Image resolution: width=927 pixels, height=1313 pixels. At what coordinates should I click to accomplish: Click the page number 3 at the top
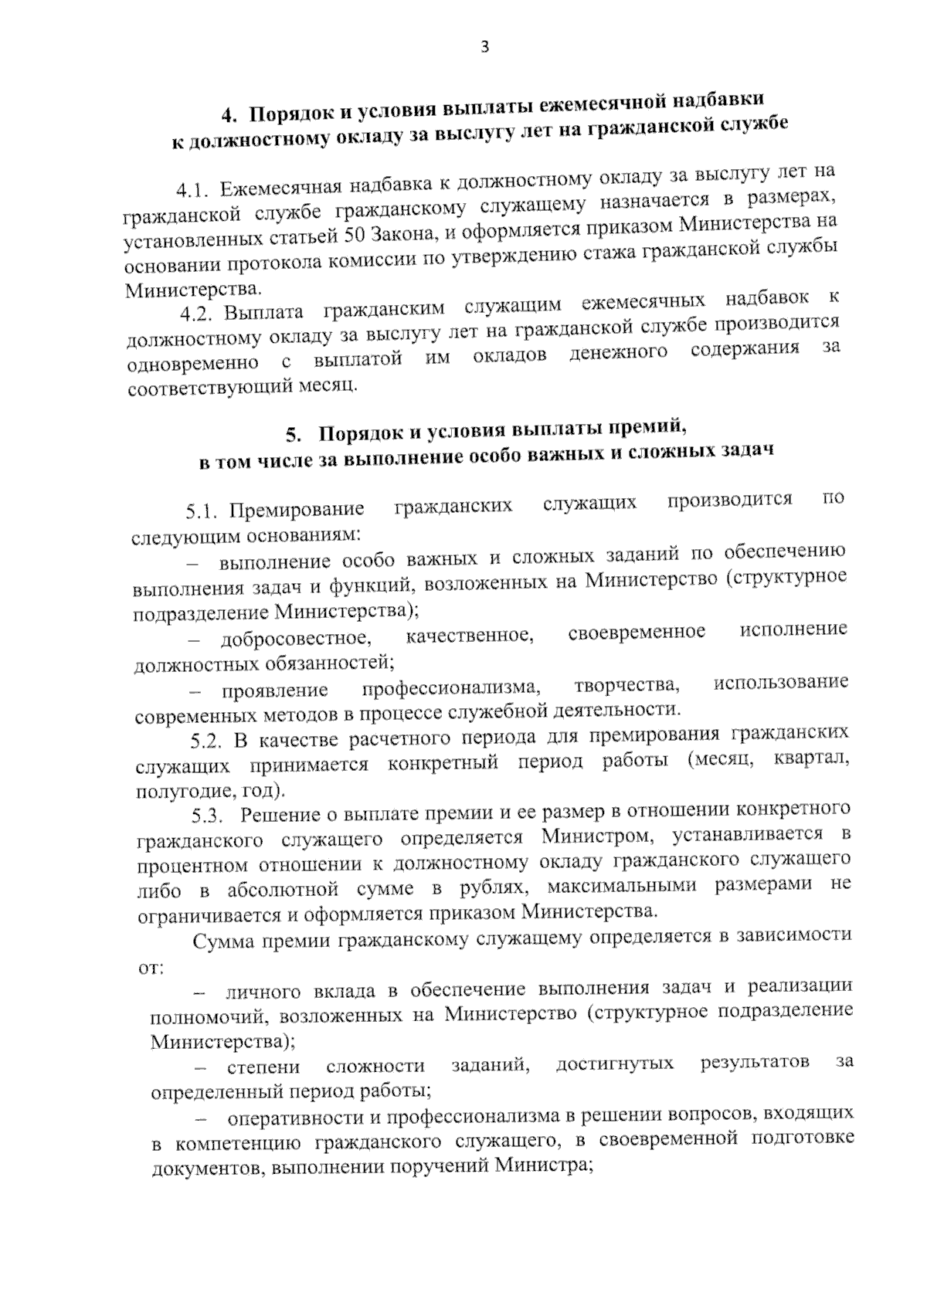click(484, 47)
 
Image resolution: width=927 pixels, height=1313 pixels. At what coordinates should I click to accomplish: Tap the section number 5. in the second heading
click(294, 434)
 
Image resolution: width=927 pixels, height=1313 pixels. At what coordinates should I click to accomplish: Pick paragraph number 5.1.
click(203, 511)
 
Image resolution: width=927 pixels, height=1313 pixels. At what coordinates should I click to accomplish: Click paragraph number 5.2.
click(208, 741)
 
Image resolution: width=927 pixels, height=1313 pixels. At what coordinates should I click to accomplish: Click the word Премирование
click(297, 510)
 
